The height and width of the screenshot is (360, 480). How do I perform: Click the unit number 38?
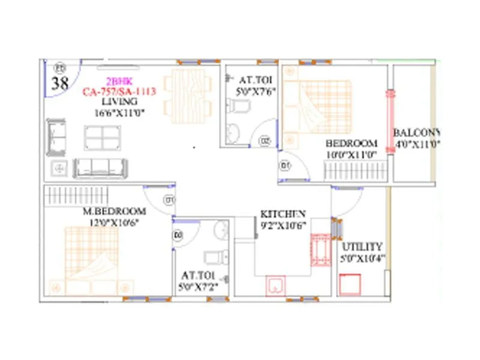(x=59, y=83)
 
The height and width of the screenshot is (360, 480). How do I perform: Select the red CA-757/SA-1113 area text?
(x=119, y=92)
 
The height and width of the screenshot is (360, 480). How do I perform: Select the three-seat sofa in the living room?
(x=101, y=167)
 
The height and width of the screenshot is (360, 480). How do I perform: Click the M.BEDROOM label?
(x=115, y=212)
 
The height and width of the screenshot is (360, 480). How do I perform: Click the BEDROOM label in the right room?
(x=351, y=143)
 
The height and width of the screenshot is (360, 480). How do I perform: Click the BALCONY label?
(x=416, y=133)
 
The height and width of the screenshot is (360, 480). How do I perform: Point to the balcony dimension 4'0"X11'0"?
(x=418, y=144)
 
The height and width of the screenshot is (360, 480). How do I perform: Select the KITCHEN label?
(x=283, y=214)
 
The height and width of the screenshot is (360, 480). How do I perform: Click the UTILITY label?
(x=362, y=247)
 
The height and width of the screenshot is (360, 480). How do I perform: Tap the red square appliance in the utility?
(x=349, y=284)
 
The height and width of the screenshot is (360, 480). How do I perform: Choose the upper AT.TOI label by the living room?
(x=250, y=80)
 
